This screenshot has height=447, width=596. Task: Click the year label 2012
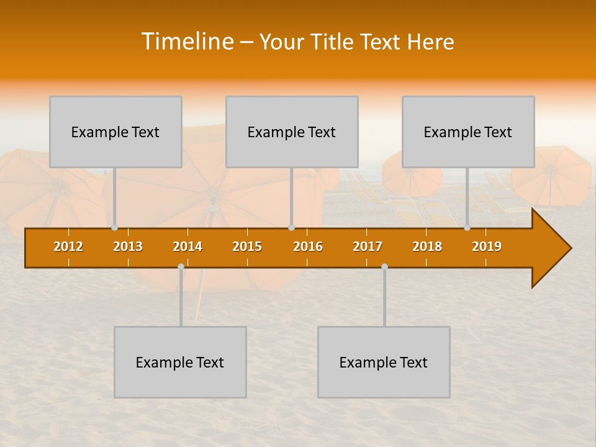tap(68, 246)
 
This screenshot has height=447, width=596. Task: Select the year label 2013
tap(128, 246)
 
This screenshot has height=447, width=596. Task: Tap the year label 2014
tap(187, 246)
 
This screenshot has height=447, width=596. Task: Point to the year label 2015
tap(247, 246)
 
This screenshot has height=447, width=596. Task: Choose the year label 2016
tap(308, 246)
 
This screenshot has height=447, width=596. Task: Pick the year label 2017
tap(368, 246)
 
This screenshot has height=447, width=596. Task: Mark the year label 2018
tap(427, 246)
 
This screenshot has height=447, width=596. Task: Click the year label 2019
tap(487, 246)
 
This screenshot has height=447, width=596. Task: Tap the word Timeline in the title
tap(186, 42)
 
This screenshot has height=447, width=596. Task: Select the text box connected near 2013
tap(115, 132)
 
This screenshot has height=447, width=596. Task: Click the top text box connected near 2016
tap(292, 132)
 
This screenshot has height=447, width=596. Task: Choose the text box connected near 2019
tap(468, 132)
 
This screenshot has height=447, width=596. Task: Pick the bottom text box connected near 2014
tap(180, 362)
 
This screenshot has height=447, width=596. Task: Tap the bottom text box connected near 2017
tap(384, 362)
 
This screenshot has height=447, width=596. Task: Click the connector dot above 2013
tap(115, 228)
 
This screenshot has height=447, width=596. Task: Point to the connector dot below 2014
tap(181, 267)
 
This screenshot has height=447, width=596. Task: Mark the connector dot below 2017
tap(384, 267)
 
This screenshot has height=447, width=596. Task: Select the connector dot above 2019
tap(467, 228)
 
